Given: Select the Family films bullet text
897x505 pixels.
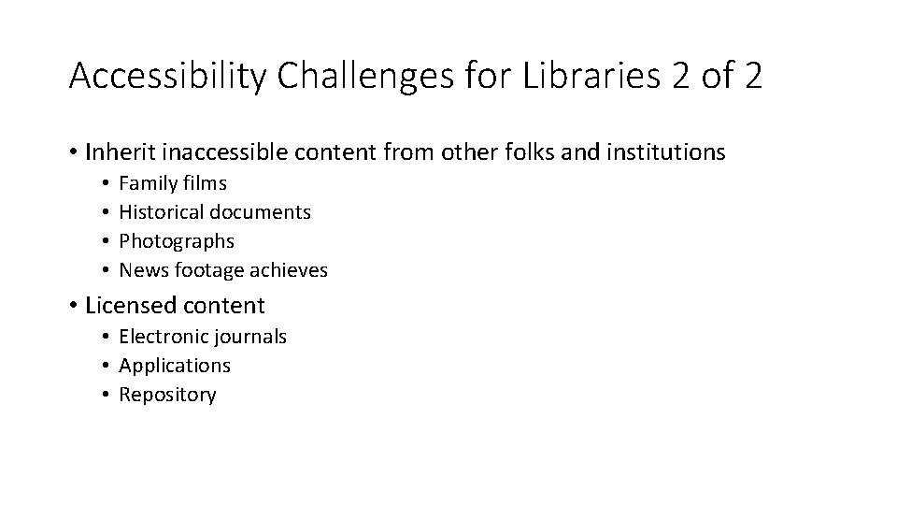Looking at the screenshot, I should (173, 183).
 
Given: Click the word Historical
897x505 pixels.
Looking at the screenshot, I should (164, 212).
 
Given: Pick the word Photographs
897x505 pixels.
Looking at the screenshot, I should (177, 241).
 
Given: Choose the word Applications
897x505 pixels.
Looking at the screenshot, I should (175, 366).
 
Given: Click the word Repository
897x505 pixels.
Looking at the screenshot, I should (167, 395).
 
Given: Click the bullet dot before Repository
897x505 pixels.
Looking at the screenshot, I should (107, 395).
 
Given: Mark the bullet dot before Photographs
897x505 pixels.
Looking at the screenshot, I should (107, 241).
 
